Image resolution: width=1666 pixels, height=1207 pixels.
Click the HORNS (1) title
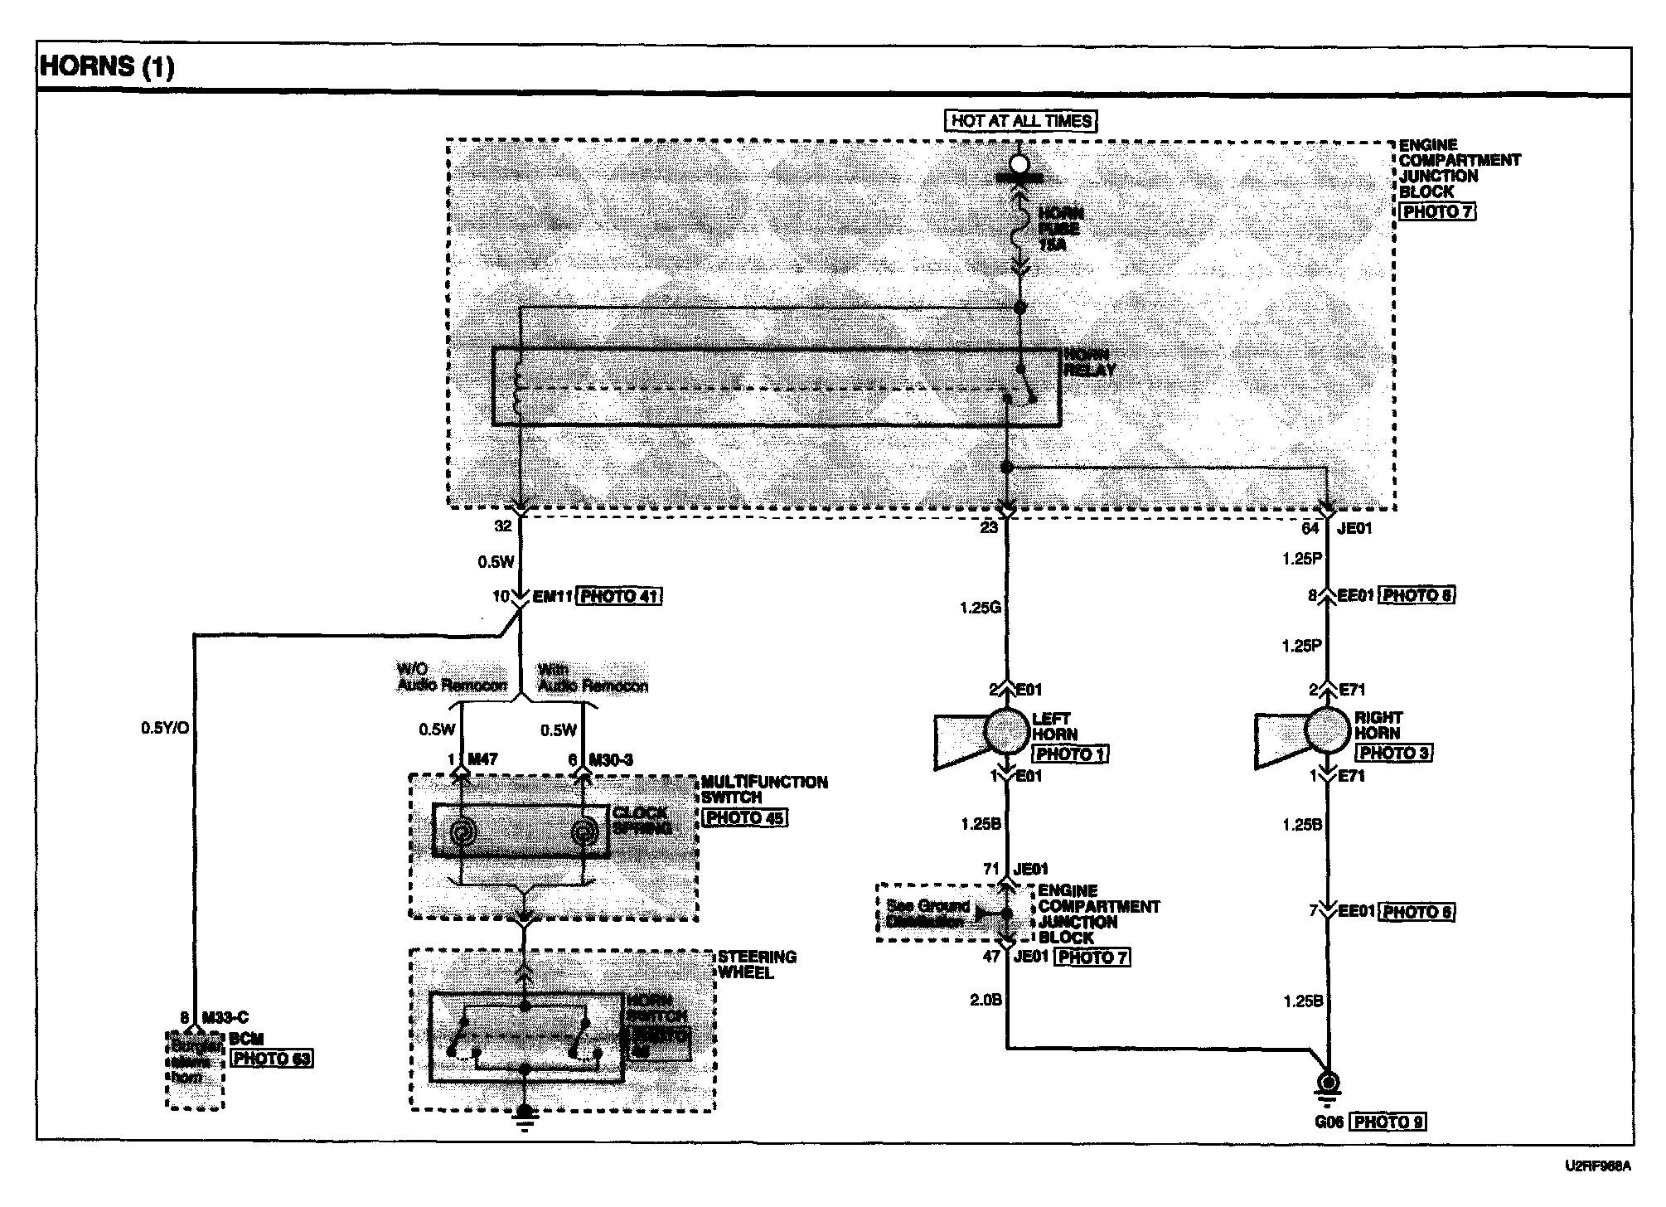pos(108,66)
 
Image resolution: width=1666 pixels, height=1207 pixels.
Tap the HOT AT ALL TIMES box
pos(1020,121)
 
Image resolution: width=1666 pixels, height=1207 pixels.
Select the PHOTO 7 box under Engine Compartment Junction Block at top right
pos(1437,211)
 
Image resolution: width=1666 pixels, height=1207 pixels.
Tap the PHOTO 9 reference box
pos(1388,1122)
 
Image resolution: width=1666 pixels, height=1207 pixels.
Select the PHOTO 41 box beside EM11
pos(618,596)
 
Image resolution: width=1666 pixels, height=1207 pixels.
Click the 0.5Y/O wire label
pos(164,729)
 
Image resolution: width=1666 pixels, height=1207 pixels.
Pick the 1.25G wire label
pos(980,608)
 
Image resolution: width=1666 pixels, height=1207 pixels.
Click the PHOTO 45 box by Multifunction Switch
pos(743,817)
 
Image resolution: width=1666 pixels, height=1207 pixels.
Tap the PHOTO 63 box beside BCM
pos(272,1059)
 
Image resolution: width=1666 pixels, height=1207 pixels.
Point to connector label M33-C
pos(225,1018)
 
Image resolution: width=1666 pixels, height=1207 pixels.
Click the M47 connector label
pos(482,759)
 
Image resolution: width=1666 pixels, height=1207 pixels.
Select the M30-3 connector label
pos(610,759)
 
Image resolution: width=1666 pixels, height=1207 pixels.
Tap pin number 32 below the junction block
pos(503,526)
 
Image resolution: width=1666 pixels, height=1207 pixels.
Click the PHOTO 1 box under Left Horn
pos(1069,754)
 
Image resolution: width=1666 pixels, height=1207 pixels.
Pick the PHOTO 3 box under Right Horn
pos(1392,754)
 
